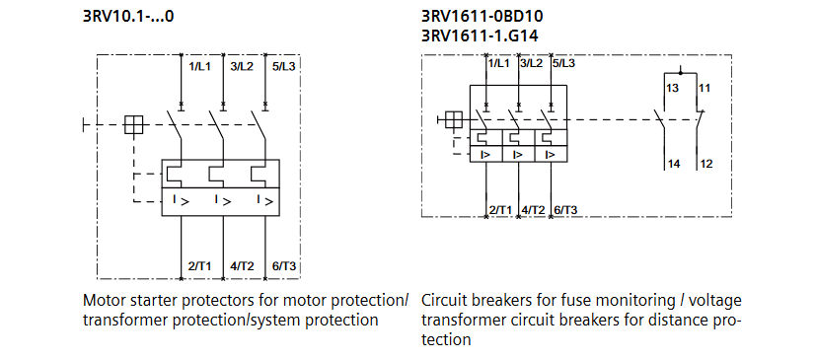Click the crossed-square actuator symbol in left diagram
[x=136, y=125]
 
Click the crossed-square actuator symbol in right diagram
[x=454, y=120]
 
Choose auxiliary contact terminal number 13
[x=672, y=88]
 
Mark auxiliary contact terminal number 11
[x=704, y=88]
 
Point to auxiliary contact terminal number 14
[x=673, y=163]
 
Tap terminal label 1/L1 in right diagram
[x=500, y=63]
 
